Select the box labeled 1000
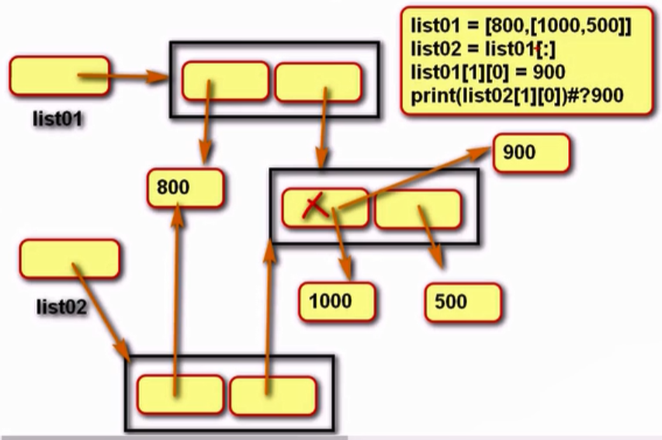[x=337, y=301]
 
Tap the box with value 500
[x=463, y=301]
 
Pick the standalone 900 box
[x=531, y=153]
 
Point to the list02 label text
[x=62, y=306]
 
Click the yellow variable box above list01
[x=59, y=76]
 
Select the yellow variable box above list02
[x=69, y=259]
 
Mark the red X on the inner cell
[x=314, y=206]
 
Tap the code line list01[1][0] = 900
[x=487, y=72]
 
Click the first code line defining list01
[x=521, y=26]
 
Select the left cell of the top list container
[x=225, y=81]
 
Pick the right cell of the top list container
[x=318, y=81]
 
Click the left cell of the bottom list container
[x=179, y=395]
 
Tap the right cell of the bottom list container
[x=272, y=395]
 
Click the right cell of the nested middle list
[x=418, y=208]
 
